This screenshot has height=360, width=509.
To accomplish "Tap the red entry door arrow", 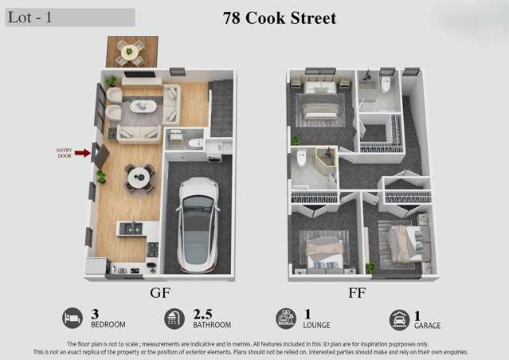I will [x=82, y=153].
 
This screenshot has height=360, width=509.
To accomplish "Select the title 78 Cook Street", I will [x=280, y=18].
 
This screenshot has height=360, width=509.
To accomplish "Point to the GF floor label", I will [x=160, y=292].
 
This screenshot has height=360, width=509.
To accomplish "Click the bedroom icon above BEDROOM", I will [x=72, y=319].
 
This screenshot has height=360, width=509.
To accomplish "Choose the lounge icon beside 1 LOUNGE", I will [x=285, y=319].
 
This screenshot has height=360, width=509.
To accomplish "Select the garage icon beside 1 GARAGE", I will [x=399, y=319].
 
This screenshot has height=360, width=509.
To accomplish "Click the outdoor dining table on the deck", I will [x=129, y=52].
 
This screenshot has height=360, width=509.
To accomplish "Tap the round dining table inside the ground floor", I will [x=139, y=178].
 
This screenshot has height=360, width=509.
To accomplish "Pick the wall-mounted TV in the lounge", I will [x=139, y=75].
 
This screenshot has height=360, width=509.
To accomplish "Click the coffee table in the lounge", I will [x=143, y=106].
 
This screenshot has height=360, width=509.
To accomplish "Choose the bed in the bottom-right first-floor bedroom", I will [x=407, y=242].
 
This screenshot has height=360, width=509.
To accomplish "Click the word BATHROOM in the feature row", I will [x=212, y=325].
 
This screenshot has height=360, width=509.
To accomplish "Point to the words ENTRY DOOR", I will [x=65, y=153].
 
